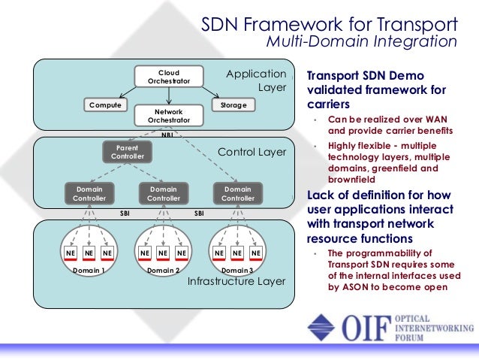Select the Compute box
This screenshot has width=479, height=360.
(x=105, y=105)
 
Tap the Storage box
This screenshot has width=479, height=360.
(x=233, y=105)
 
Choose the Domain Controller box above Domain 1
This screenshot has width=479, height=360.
(x=89, y=193)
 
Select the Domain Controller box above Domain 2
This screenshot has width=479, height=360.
(x=164, y=193)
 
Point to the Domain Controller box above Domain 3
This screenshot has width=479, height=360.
(x=238, y=193)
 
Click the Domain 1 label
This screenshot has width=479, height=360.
(x=89, y=270)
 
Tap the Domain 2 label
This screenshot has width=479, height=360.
(x=163, y=270)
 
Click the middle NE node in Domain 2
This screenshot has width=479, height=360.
(x=163, y=254)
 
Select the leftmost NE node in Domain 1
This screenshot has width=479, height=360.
(x=70, y=254)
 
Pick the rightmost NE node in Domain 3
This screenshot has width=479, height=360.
(x=256, y=254)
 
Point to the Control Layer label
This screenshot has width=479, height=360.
(x=252, y=152)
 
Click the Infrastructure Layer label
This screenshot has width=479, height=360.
(x=236, y=281)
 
